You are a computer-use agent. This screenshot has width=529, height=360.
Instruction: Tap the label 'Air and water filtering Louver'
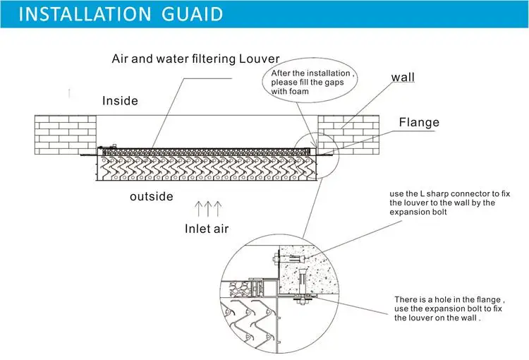(196, 59)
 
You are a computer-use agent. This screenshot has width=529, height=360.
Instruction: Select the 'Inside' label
(120, 101)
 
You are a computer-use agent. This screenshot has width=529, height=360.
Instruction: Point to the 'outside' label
(151, 196)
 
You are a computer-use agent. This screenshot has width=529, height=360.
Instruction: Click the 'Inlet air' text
(207, 228)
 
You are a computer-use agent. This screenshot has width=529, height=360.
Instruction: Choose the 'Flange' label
(419, 122)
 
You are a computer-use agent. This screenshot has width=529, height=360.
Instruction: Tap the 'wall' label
(403, 77)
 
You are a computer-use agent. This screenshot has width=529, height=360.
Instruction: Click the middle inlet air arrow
(209, 208)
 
